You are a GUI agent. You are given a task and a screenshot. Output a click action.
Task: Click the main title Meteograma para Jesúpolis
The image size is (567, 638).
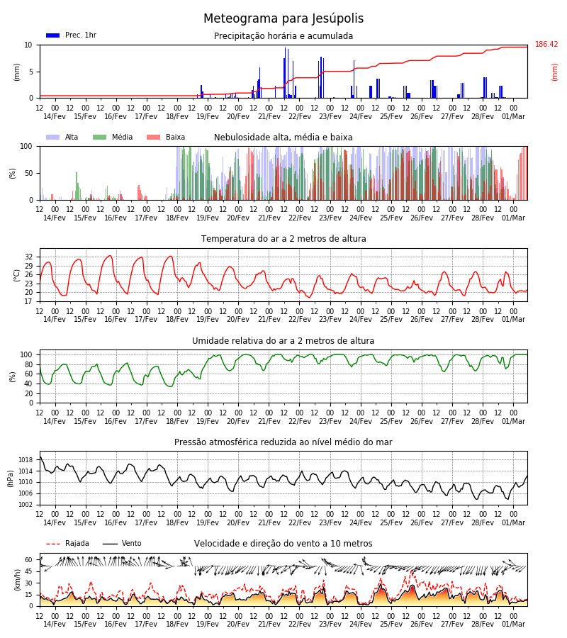click(x=283, y=18)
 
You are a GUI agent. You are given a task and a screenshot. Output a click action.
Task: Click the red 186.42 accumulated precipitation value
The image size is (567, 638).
click(x=546, y=44)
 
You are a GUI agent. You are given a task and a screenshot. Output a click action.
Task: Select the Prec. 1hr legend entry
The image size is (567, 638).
click(x=71, y=35)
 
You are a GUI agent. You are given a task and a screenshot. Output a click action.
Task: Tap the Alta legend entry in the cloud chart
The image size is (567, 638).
click(x=62, y=137)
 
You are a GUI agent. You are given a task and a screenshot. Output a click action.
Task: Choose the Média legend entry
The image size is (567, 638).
click(x=113, y=137)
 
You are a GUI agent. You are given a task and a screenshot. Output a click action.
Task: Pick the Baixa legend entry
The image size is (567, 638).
click(x=166, y=137)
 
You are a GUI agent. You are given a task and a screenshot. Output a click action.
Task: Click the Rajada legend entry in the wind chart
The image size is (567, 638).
click(x=67, y=543)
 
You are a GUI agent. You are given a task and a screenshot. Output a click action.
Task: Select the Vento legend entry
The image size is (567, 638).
click(x=122, y=543)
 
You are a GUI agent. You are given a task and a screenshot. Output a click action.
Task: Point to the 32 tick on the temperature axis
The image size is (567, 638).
click(x=28, y=257)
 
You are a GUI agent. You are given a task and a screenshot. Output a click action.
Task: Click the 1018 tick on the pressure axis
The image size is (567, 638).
click(x=26, y=460)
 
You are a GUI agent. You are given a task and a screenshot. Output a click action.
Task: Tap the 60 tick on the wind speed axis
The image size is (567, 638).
click(x=28, y=560)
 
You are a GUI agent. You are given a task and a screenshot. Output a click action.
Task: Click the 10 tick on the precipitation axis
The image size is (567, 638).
click(x=28, y=45)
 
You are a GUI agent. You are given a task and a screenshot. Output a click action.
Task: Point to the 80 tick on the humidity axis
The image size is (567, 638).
click(x=28, y=364)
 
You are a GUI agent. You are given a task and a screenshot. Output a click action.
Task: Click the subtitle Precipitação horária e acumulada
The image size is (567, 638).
click(x=283, y=36)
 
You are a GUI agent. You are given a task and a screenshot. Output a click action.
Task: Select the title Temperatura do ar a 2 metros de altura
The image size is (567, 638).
click(x=283, y=239)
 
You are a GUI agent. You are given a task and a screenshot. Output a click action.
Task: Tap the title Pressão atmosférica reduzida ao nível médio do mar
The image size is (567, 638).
click(x=283, y=442)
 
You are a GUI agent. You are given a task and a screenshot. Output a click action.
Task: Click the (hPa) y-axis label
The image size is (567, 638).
click(x=11, y=478)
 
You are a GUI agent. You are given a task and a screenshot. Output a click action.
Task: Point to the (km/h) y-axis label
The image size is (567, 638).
click(x=17, y=580)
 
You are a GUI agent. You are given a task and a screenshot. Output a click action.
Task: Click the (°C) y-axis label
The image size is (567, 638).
click(x=17, y=276)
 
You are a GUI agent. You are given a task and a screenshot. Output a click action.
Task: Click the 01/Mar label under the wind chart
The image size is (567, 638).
click(x=513, y=624)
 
